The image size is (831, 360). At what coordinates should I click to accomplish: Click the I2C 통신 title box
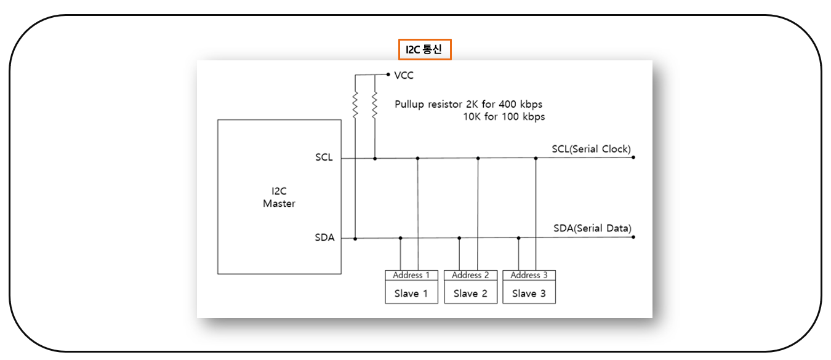pyautogui.click(x=425, y=50)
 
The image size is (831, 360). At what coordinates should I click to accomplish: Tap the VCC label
pyautogui.click(x=404, y=75)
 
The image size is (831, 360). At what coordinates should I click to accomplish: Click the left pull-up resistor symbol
pyautogui.click(x=355, y=105)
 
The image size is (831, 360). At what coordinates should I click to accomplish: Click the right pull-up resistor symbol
pyautogui.click(x=374, y=104)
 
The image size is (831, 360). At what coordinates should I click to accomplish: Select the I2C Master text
pyautogui.click(x=279, y=198)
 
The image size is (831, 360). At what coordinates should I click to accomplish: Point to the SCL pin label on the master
pyautogui.click(x=324, y=158)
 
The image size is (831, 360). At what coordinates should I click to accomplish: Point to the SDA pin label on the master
pyautogui.click(x=324, y=238)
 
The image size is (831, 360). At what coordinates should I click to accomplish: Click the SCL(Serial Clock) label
pyautogui.click(x=591, y=149)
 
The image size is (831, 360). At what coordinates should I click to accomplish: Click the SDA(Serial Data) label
pyautogui.click(x=592, y=228)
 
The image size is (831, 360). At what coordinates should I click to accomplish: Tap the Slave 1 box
pyautogui.click(x=411, y=294)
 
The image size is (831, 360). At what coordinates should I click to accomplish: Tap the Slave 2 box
pyautogui.click(x=470, y=294)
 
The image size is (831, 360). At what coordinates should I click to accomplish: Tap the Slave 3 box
pyautogui.click(x=529, y=294)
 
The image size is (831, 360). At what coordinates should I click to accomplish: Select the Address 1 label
pyautogui.click(x=411, y=275)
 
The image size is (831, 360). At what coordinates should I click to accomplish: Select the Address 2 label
pyautogui.click(x=470, y=275)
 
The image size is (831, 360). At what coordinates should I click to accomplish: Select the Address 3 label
pyautogui.click(x=529, y=275)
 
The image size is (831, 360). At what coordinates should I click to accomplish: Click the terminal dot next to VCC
pyautogui.click(x=388, y=74)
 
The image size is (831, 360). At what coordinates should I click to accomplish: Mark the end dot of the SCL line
pyautogui.click(x=633, y=158)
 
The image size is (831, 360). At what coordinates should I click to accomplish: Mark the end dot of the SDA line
pyautogui.click(x=633, y=237)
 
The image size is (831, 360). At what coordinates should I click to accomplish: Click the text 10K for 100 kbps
pyautogui.click(x=504, y=116)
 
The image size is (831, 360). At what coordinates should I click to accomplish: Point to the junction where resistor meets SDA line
pyautogui.click(x=355, y=238)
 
